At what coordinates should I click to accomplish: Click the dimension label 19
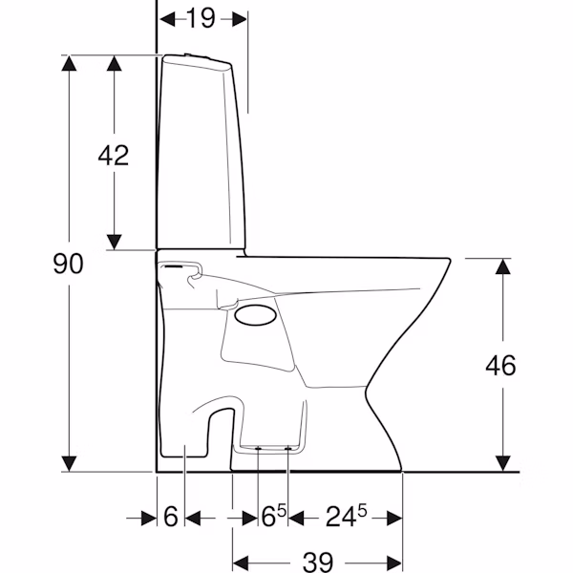point(201,18)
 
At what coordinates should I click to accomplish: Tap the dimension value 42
point(114,156)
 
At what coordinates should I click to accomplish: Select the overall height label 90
point(69,264)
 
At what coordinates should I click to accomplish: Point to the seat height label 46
point(500,365)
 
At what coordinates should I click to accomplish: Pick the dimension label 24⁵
point(346,516)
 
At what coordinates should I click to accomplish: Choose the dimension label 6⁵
point(274,516)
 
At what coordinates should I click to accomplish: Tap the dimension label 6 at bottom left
point(171,517)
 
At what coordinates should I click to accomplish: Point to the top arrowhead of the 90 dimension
point(69,63)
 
